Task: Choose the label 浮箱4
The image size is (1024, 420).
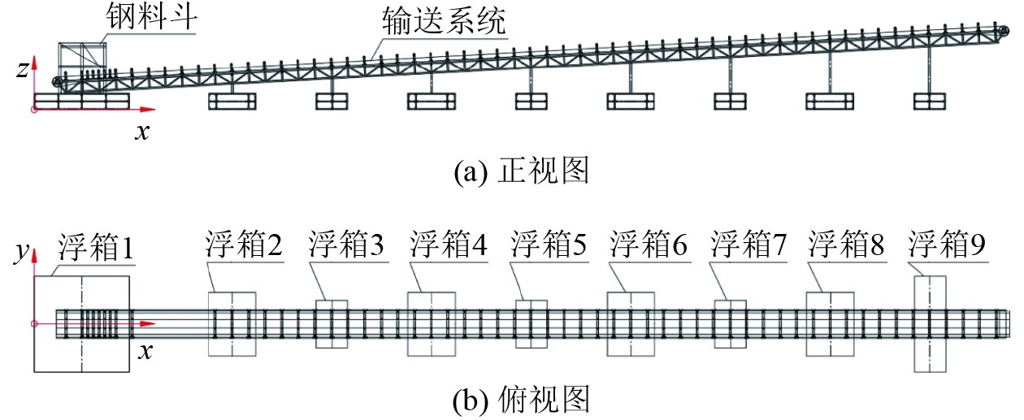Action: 449,244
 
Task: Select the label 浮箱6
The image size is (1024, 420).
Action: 650,244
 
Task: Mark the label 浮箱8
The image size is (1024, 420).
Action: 848,244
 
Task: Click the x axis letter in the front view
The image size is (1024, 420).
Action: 143,131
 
